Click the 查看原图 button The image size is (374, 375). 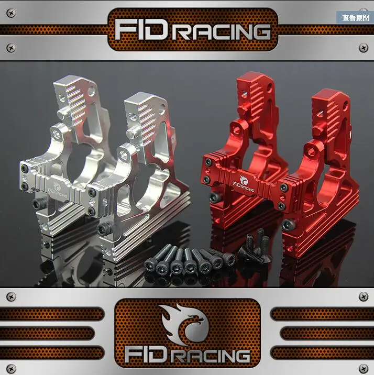(x=355, y=18)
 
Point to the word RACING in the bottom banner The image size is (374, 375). (x=212, y=356)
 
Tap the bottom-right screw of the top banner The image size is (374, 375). (x=364, y=48)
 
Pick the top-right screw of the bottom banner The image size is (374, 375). (x=364, y=297)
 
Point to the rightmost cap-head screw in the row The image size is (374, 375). (x=229, y=259)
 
